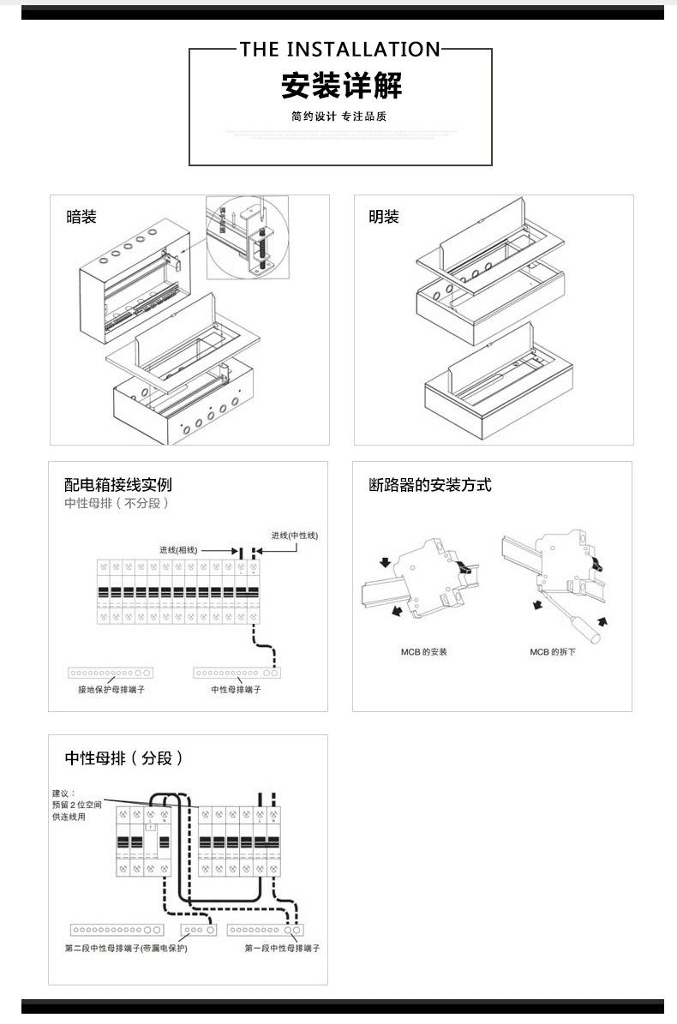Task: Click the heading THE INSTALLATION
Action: tap(340, 49)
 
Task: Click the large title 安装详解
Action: tap(341, 86)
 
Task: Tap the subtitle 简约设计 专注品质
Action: tap(339, 116)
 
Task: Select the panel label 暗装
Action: tap(81, 217)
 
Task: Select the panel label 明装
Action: tap(384, 217)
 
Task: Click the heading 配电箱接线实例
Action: tap(118, 485)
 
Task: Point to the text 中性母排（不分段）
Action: tap(117, 503)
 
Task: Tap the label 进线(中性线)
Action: tap(294, 536)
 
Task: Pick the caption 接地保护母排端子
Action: tap(111, 689)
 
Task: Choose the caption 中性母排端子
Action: tap(236, 689)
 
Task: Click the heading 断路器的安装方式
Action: tap(430, 485)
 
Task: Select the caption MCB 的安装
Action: tap(423, 652)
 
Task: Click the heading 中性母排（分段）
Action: tap(125, 758)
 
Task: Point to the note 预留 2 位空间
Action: tap(77, 805)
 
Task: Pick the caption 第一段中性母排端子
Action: tap(282, 949)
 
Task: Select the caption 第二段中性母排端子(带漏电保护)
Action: tap(126, 949)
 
